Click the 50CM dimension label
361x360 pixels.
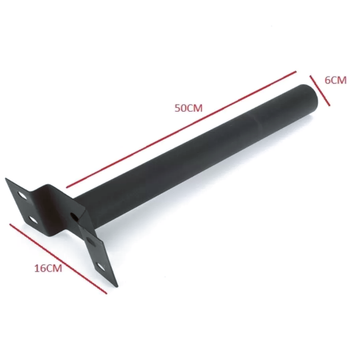click(x=189, y=108)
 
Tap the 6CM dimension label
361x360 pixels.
click(x=336, y=80)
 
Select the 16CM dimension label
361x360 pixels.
click(x=48, y=268)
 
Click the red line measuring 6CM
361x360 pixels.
click(x=320, y=90)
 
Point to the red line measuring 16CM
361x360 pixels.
click(x=58, y=259)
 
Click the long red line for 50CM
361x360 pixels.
click(x=181, y=129)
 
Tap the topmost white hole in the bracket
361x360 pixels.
click(x=23, y=196)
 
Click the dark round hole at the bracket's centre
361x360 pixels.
click(x=73, y=217)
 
